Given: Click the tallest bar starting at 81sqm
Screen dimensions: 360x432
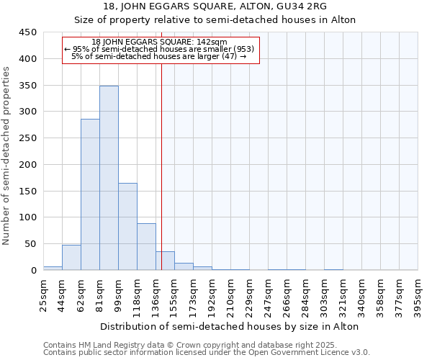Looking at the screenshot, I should pyautogui.click(x=109, y=178).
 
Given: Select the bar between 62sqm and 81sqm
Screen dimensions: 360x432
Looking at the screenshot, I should pyautogui.click(x=90, y=194).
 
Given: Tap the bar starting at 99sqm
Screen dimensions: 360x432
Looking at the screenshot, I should pyautogui.click(x=127, y=227).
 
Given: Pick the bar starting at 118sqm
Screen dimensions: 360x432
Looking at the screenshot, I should pyautogui.click(x=146, y=247).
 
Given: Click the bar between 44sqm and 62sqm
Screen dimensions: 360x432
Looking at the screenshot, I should pyautogui.click(x=71, y=258).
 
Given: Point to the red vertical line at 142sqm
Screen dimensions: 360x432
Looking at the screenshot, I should pyautogui.click(x=161, y=166).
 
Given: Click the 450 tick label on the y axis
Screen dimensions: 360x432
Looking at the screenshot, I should pyautogui.click(x=28, y=32).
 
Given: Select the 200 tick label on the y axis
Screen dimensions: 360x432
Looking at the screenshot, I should pyautogui.click(x=28, y=165).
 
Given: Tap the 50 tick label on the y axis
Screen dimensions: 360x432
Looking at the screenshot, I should pyautogui.click(x=30, y=244).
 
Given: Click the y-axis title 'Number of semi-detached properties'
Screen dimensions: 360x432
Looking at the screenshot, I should pyautogui.click(x=7, y=156).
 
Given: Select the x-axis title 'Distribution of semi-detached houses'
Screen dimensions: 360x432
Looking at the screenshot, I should pyautogui.click(x=230, y=326).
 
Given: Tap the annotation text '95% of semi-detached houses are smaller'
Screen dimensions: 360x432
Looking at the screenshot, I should pyautogui.click(x=160, y=49).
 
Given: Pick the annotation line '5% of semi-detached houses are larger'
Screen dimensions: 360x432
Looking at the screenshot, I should pyautogui.click(x=160, y=57).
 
